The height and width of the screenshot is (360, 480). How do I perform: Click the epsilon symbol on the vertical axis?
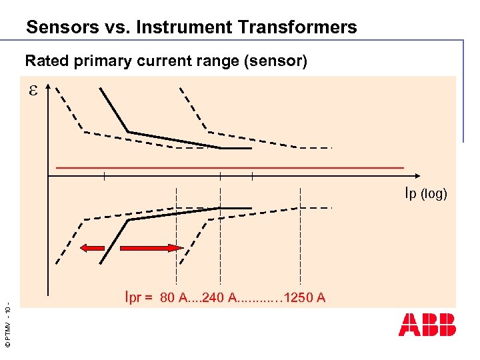pos(33,92)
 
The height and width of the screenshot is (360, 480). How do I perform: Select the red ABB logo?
pos(427,324)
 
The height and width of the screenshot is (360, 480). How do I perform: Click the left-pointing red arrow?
pos(92,248)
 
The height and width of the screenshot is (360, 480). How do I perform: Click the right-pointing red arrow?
pos(151,248)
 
